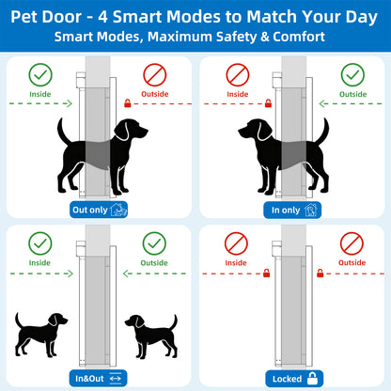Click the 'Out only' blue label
click(x=99, y=210)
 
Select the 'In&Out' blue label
click(x=99, y=379)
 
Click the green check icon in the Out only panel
click(x=40, y=74)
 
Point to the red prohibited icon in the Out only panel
click(x=157, y=74)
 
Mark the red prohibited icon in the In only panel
click(x=238, y=74)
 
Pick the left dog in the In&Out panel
click(x=43, y=335)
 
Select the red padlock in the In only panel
click(x=268, y=103)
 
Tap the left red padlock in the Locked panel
click(x=267, y=273)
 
